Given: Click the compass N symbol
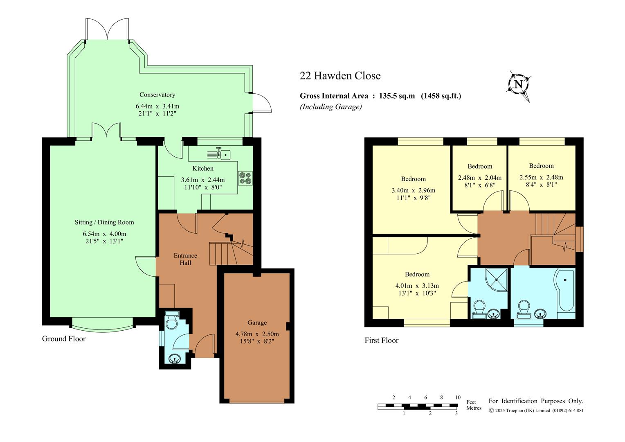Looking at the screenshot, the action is (518, 84).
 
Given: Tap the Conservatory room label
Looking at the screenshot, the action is (157, 95).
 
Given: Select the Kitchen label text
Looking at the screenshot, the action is (203, 168).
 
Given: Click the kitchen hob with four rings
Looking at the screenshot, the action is (245, 178).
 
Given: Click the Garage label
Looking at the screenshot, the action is (257, 322).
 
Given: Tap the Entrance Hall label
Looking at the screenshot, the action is (185, 259).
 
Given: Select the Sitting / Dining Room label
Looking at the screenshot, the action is (104, 222).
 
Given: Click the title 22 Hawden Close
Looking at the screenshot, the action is (340, 76).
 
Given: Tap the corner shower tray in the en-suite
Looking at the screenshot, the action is (496, 280).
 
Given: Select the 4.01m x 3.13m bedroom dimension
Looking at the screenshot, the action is (417, 286).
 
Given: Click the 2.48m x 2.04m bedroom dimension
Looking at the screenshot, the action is (480, 178).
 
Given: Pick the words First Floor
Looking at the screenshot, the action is (381, 341).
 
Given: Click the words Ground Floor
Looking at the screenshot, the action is (64, 339).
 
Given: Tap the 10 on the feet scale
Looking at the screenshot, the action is (458, 397).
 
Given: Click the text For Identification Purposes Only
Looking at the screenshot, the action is (536, 401).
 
